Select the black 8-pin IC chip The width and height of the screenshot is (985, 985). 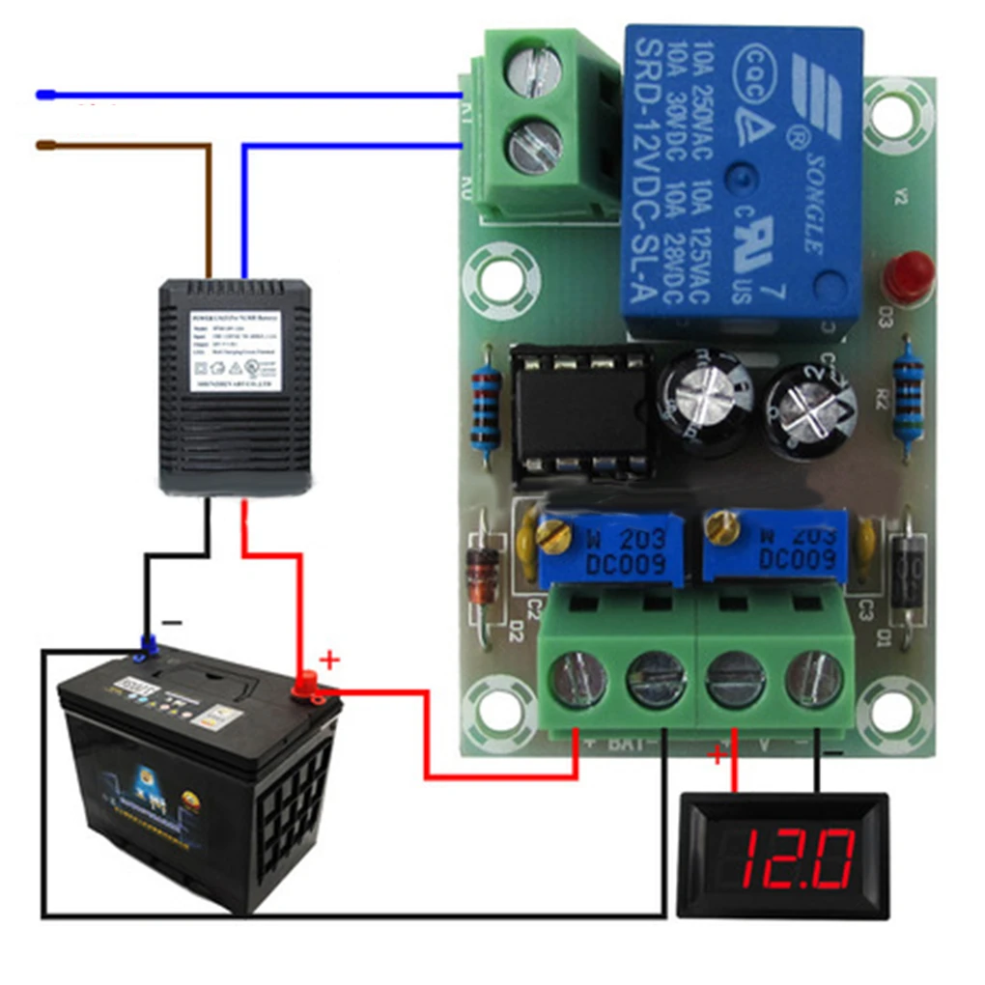(579, 412)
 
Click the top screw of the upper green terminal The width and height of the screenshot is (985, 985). (534, 70)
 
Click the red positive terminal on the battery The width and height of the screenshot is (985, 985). (309, 684)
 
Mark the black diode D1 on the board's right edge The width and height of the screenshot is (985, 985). (908, 576)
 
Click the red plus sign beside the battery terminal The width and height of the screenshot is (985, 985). (330, 661)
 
